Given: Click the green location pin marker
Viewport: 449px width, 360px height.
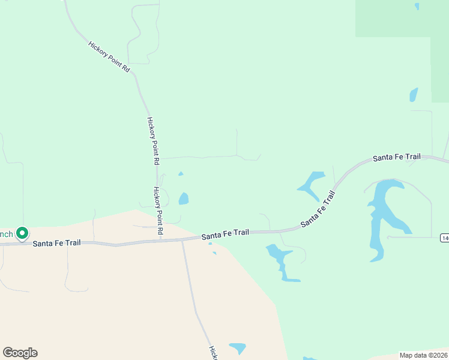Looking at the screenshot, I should click(22, 232).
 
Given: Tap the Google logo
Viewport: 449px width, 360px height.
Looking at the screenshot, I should click(20, 353).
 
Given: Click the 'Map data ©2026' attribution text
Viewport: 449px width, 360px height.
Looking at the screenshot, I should click(424, 355).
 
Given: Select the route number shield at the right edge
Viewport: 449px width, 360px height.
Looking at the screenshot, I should click(445, 238).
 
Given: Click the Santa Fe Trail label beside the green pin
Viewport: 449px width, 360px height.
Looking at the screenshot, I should click(56, 243).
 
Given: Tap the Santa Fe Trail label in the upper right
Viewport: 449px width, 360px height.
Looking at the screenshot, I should click(396, 157).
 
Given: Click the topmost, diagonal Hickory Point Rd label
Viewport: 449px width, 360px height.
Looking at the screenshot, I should click(109, 57).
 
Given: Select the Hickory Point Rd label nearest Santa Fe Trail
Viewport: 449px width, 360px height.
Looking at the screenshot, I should click(158, 210).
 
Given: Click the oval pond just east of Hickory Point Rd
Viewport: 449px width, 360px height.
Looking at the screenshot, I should click(184, 199).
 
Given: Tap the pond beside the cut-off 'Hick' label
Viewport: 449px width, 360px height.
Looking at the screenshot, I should click(238, 348).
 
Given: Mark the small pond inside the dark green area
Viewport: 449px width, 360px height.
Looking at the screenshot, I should click(417, 7).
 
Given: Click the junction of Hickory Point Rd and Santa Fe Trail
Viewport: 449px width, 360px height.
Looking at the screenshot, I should click(161, 240).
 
